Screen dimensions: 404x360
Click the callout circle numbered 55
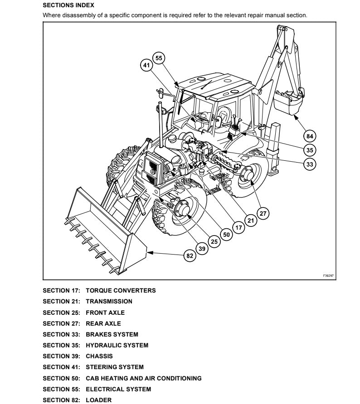(158, 58)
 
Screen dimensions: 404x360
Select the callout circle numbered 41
(146, 66)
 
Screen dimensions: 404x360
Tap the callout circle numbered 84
(310, 135)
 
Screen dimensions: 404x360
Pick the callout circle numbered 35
(310, 150)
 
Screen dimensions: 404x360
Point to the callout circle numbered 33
(310, 164)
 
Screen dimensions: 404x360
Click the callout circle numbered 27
(263, 212)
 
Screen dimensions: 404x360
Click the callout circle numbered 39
(202, 248)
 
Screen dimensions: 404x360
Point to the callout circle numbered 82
(190, 256)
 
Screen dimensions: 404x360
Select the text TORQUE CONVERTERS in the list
(121, 290)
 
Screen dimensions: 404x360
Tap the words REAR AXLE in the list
(103, 323)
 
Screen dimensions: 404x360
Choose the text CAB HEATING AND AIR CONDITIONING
(144, 378)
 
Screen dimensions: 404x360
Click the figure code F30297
(328, 275)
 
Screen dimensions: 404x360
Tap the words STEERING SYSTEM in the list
(115, 367)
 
